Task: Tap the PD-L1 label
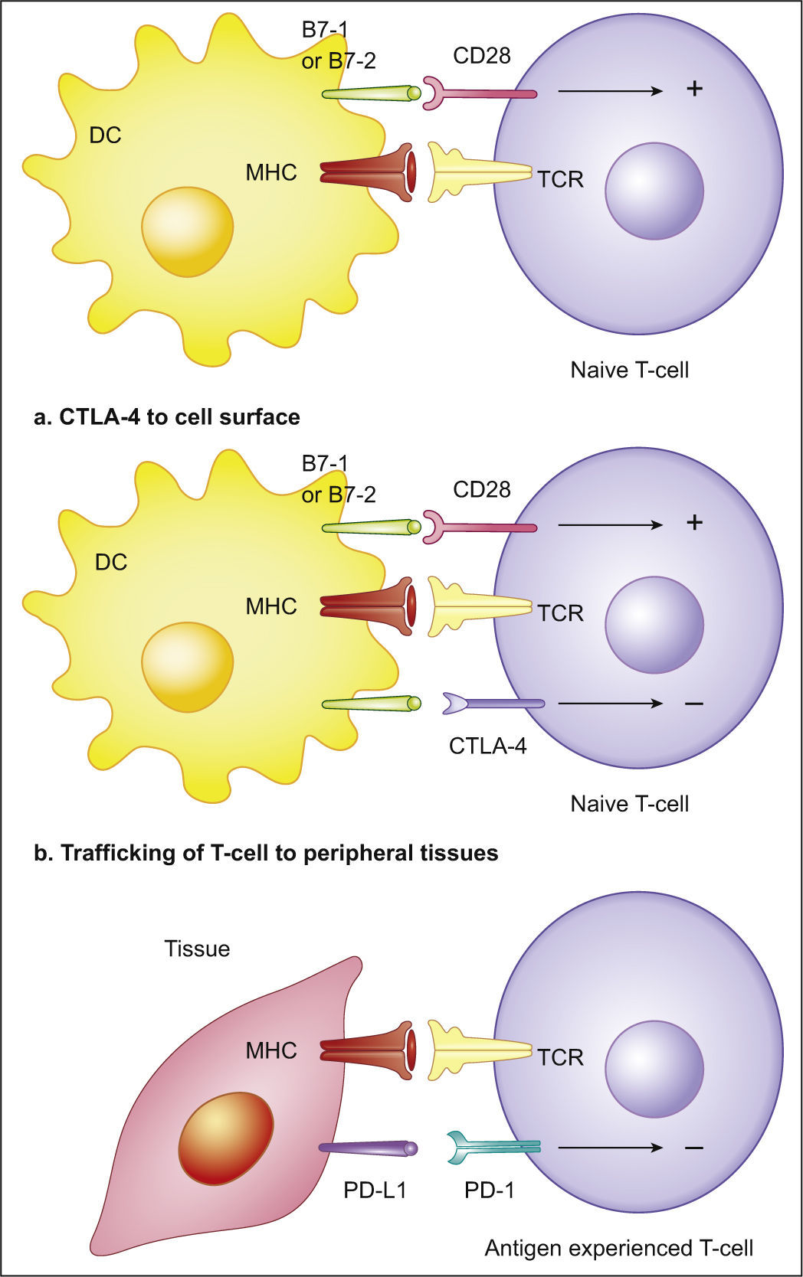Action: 375,1190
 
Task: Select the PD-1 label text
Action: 489,1190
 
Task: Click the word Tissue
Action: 197,949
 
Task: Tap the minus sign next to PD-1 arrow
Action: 693,1148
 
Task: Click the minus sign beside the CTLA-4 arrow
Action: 693,703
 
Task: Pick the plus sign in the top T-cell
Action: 694,89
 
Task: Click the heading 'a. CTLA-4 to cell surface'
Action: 167,416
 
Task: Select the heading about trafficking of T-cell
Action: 266,853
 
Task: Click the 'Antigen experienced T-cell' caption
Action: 618,1248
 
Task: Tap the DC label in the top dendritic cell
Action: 105,136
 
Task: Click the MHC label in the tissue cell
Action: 270,1050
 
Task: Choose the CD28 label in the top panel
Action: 481,55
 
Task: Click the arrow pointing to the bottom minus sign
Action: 610,1148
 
